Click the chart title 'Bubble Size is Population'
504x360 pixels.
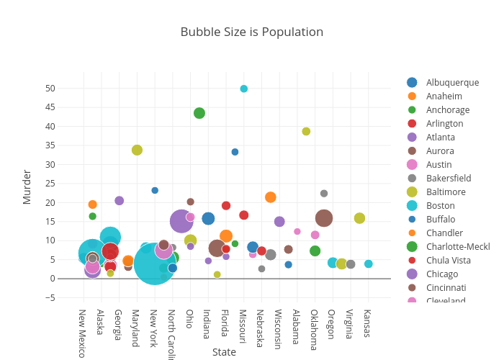tap(251, 32)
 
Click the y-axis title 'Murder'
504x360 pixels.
tap(27, 186)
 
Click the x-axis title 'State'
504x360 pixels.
tap(224, 352)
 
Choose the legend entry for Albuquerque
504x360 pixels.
tap(452, 82)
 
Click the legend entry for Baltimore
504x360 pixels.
tap(446, 192)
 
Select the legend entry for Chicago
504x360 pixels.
tap(441, 274)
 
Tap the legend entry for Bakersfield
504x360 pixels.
tap(449, 178)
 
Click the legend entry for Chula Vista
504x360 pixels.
tap(447, 260)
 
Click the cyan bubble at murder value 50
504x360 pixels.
tap(244, 89)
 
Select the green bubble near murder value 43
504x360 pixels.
tap(199, 113)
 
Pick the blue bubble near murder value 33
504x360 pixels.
tap(235, 152)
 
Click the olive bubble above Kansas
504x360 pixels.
tap(359, 218)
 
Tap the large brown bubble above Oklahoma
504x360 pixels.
tap(324, 218)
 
